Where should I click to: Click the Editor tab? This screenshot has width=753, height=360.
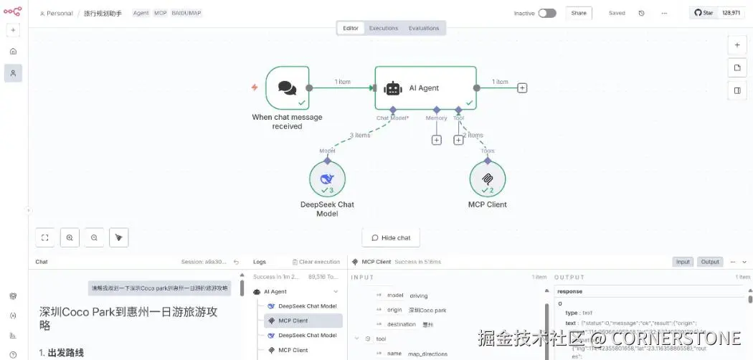pos(351,28)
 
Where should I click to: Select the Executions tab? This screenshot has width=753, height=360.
pos(384,28)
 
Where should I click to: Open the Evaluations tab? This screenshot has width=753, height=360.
pos(424,28)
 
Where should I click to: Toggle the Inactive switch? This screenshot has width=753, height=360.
pos(546,13)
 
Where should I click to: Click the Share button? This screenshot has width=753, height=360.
pos(579,13)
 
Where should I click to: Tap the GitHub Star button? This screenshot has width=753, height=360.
pos(704,13)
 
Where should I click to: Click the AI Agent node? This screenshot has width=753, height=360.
pos(425,88)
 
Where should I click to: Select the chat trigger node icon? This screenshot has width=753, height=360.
pos(287,88)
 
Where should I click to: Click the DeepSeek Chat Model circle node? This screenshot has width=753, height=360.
pos(327,179)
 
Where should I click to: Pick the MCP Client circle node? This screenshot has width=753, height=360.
pos(487,179)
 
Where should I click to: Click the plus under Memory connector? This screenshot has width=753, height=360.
pos(436,140)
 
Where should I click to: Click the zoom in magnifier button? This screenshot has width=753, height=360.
pos(70,237)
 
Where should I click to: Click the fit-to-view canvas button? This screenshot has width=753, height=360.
pos(45,237)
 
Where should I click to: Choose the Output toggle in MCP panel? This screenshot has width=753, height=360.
pos(710,262)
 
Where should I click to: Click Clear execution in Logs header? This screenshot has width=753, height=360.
pos(316,262)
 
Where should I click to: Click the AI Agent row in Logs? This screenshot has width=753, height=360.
pos(275,292)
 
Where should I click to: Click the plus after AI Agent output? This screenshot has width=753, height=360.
pos(522,88)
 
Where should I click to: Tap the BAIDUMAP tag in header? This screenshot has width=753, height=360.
pos(186,13)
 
